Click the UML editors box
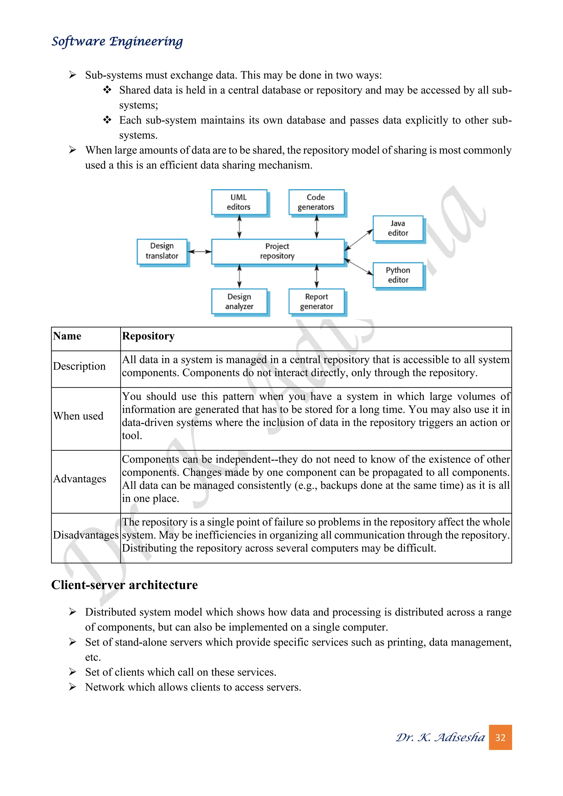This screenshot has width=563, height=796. (x=239, y=202)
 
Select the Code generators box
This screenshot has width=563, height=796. (x=316, y=202)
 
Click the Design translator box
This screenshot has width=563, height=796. (x=162, y=251)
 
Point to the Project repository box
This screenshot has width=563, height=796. (x=277, y=251)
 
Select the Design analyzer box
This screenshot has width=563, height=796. (x=239, y=301)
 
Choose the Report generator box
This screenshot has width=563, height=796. (x=316, y=301)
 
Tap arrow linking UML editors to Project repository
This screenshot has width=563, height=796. (x=239, y=226)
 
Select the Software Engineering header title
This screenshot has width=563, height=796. (x=117, y=41)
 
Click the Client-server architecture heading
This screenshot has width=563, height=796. (x=125, y=585)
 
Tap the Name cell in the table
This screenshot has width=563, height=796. (x=67, y=336)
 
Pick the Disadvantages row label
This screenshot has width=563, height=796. (x=85, y=535)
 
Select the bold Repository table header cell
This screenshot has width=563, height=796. (x=148, y=336)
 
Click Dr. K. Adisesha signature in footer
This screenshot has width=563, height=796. (x=440, y=737)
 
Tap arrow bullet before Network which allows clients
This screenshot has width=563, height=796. (x=73, y=687)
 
